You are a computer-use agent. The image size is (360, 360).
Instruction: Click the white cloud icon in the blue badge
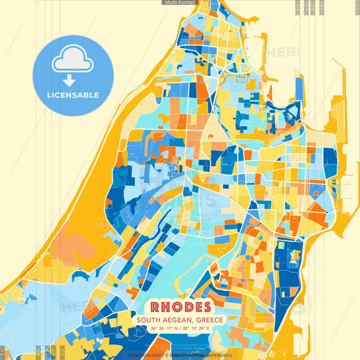73,60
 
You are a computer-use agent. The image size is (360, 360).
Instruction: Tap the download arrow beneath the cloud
73,81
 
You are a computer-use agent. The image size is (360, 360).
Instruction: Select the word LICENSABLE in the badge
73,95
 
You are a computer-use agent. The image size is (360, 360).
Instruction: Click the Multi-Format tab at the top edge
180,3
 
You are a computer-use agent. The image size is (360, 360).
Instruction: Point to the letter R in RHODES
155,307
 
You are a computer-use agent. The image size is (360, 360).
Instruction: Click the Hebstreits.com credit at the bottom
145,355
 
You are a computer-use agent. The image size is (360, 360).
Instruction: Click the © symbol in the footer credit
167,355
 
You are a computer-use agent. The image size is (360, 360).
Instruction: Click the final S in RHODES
205,307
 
